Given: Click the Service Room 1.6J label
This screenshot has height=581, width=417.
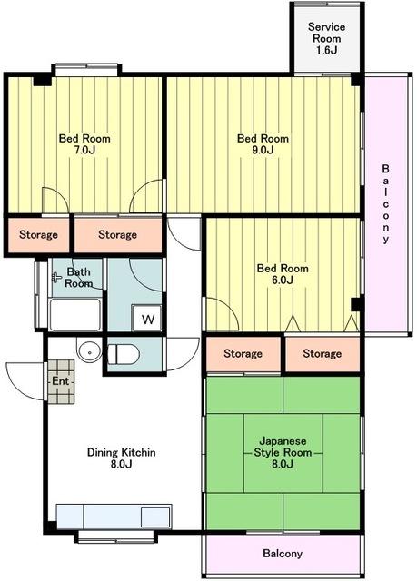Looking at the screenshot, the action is coord(326,38).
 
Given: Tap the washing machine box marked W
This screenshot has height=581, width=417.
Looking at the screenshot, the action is coord(147,319).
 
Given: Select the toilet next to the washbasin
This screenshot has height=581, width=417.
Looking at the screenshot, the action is coord(124,354).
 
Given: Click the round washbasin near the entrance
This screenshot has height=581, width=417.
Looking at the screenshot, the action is coord(89,350).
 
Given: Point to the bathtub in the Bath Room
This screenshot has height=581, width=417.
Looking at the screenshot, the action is coord(75,315).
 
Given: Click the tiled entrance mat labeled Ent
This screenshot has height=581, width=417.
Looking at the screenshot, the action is coord(61,381).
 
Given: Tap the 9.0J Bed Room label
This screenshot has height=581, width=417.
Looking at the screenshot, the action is coord(263,144).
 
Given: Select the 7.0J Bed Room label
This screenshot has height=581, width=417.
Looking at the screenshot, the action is coord(84,144).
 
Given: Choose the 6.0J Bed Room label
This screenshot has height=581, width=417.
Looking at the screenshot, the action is coord(283,274).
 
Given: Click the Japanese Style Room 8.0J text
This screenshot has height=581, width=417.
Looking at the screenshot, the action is coord(283,452).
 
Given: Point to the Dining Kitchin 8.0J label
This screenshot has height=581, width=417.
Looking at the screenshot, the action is coord(121,458).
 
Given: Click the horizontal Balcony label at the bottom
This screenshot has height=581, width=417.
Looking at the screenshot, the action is coord(283,554).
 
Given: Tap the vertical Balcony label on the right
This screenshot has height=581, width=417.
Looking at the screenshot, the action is coord(385,203).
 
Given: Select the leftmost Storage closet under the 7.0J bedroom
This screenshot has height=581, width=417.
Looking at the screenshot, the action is coord(38,235).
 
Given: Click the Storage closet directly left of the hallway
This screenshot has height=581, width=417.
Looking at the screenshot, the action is coord(118,235).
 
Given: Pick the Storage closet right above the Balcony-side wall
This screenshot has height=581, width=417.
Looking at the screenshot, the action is coord(323,354).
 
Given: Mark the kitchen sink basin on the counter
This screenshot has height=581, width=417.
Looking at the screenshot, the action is coord(155,517).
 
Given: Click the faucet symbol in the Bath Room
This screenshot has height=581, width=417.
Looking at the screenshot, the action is coord(56,277).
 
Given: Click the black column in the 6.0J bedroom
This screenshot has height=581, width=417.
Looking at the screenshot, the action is coord(356,304).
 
